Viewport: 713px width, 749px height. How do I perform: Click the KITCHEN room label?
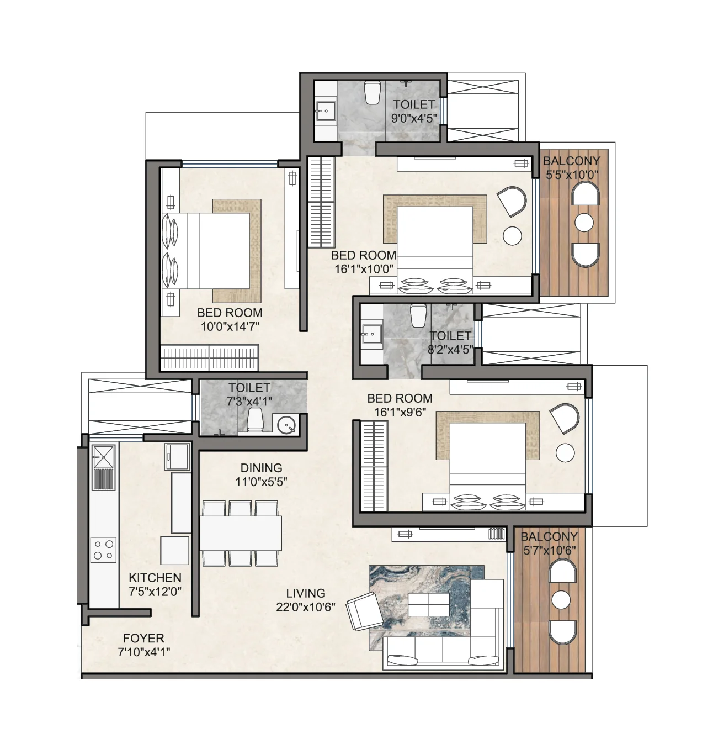coord(155,578)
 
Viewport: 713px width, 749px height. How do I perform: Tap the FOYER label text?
coord(143,638)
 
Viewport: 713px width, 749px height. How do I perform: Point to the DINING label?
coord(261,468)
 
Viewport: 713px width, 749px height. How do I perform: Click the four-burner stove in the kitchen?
coord(103,549)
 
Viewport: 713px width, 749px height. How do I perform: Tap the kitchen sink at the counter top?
coord(103,455)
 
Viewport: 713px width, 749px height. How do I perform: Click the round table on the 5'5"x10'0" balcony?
coord(584,223)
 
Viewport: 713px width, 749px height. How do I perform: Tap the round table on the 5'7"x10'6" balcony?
coord(561,599)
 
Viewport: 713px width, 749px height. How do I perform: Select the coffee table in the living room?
coord(428,603)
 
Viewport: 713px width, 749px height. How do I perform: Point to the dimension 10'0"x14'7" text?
coord(230,326)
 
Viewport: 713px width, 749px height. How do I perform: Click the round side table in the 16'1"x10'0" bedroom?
coord(512,236)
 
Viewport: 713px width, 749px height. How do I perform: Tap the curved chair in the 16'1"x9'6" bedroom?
coord(564,418)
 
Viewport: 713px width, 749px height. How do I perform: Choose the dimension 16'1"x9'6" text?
coord(400,412)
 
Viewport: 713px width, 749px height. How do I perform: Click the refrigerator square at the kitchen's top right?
coord(177,456)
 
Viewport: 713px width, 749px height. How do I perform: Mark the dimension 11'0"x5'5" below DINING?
coord(261,482)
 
